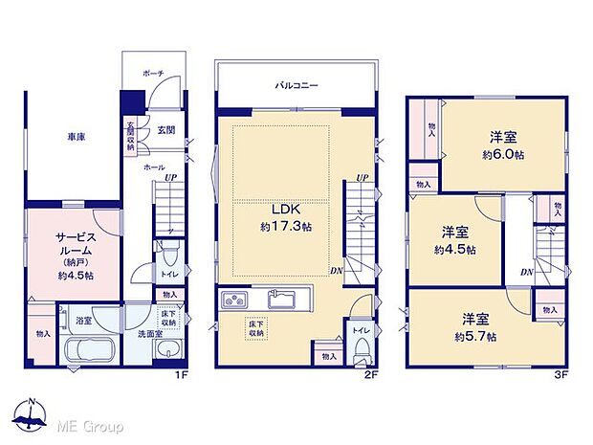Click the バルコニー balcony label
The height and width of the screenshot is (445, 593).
298,85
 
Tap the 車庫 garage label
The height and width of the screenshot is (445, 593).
75,138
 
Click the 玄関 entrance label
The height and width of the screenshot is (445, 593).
164,131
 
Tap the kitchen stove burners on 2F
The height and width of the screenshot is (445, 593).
234,301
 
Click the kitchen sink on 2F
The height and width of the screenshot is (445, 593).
280,301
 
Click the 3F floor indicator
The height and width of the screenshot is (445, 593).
561,375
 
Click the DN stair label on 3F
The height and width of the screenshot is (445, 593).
526,273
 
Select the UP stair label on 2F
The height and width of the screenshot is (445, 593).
362,178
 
